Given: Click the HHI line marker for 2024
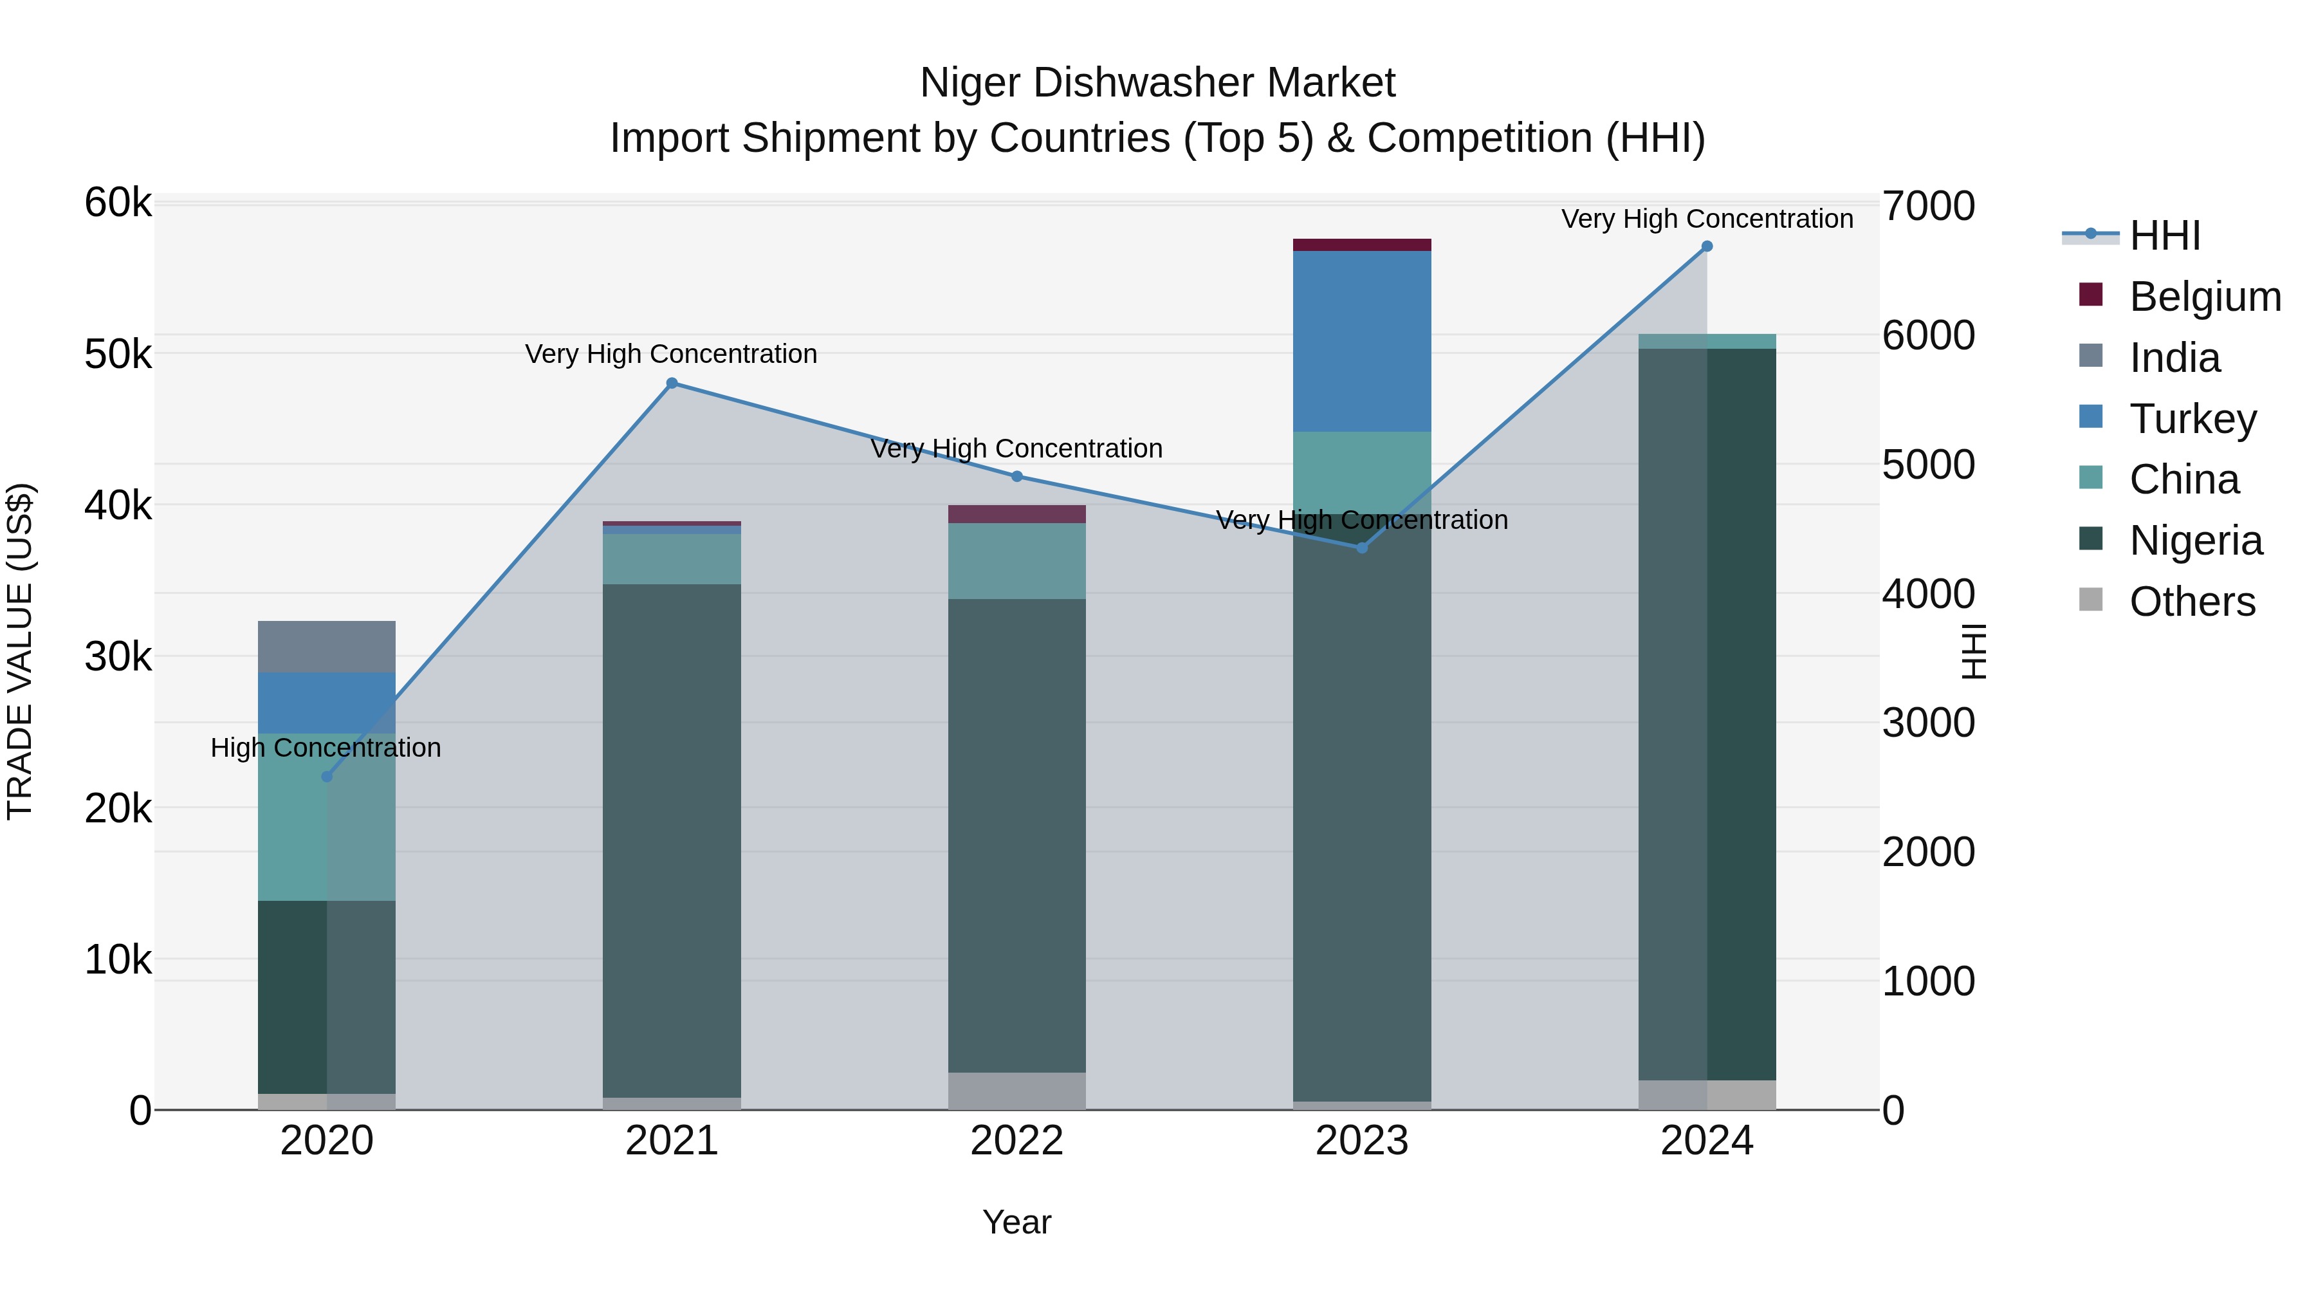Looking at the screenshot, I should pyautogui.click(x=1706, y=246).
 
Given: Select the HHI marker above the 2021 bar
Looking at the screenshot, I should pyautogui.click(x=672, y=383).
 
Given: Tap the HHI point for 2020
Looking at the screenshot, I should pyautogui.click(x=327, y=776).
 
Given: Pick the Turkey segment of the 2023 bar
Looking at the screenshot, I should pyautogui.click(x=1361, y=342).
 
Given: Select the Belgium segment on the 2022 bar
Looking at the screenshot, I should pyautogui.click(x=1017, y=513).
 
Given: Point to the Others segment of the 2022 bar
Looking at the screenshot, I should pyautogui.click(x=1017, y=1090).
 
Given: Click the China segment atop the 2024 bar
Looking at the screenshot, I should pyautogui.click(x=1706, y=341).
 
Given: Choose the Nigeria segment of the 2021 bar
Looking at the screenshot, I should pyautogui.click(x=672, y=841).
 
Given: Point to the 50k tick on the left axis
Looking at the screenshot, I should pyautogui.click(x=118, y=355).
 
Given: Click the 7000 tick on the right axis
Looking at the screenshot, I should pyautogui.click(x=1929, y=206).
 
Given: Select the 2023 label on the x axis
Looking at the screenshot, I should pyautogui.click(x=1361, y=1141).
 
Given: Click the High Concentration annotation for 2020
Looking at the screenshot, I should pyautogui.click(x=326, y=747).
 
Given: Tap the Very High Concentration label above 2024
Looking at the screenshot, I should pyautogui.click(x=1706, y=219).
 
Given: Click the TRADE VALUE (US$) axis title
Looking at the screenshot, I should pyautogui.click(x=20, y=651).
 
